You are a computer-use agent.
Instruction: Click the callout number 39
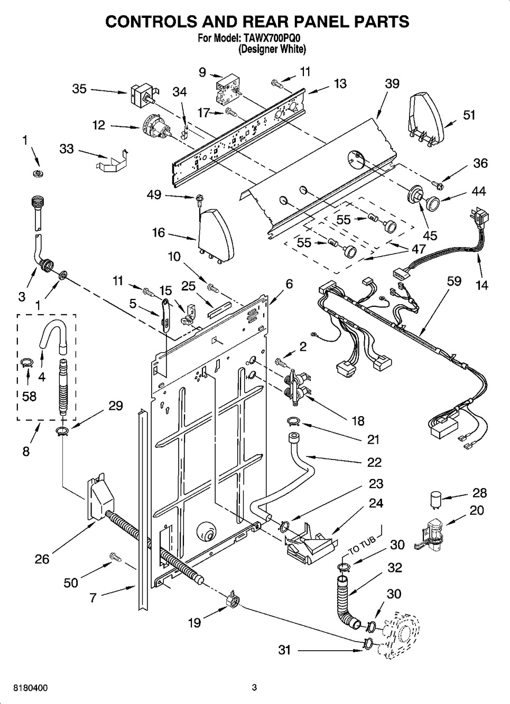tap(392, 83)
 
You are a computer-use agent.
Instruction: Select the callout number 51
tap(469, 115)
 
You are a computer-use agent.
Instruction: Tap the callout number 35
tap(79, 89)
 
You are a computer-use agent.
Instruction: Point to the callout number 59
tap(454, 281)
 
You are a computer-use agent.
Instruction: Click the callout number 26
tap(42, 559)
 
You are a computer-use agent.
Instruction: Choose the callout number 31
tap(285, 650)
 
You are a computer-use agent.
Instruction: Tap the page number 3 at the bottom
tap(254, 687)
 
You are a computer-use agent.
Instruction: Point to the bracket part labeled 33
tap(113, 161)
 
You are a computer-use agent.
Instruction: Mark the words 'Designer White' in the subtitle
tap(272, 50)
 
